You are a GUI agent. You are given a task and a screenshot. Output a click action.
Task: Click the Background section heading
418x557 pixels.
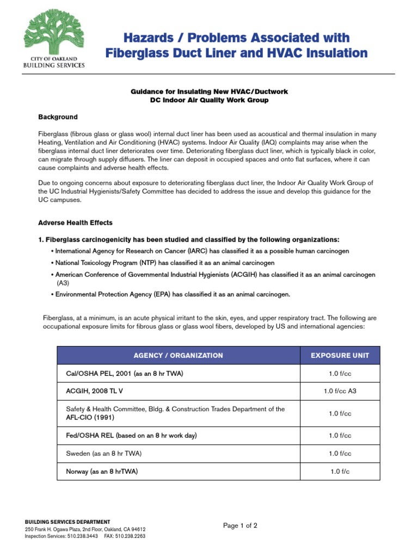point(58,117)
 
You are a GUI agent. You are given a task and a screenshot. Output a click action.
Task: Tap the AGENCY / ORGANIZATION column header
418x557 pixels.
point(178,355)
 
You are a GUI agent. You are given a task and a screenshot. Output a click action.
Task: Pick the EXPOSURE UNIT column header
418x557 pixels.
point(340,355)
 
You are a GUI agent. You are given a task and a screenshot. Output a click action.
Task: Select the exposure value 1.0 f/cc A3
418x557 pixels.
point(340,391)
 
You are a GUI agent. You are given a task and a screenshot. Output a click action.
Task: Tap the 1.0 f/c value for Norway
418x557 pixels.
point(340,472)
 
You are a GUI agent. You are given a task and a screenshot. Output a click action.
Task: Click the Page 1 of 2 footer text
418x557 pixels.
point(240,525)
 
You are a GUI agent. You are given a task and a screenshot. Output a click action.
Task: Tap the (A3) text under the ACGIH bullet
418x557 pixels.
point(63,283)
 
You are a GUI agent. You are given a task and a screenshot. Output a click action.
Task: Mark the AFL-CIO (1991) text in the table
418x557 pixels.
point(90,417)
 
